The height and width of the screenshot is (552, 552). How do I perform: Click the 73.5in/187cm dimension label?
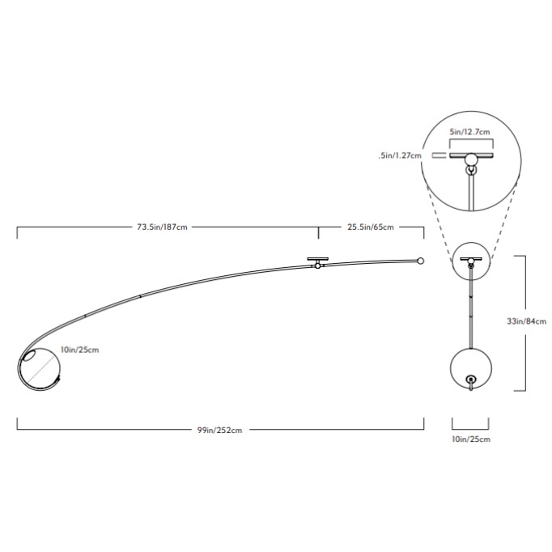point(162,227)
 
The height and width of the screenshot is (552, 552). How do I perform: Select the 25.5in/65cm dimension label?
point(371,227)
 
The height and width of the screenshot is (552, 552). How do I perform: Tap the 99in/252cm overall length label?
point(219,430)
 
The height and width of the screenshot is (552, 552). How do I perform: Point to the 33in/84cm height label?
point(527,321)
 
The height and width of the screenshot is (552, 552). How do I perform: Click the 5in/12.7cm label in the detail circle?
point(469,132)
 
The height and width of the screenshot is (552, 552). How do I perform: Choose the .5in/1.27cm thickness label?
point(400,155)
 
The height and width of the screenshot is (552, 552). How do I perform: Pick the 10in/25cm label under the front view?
point(471,439)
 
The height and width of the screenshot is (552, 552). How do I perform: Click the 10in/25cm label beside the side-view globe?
point(79,350)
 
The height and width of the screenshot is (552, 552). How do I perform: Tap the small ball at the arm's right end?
point(420,261)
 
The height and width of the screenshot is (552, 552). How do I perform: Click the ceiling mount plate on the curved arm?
point(317,259)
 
